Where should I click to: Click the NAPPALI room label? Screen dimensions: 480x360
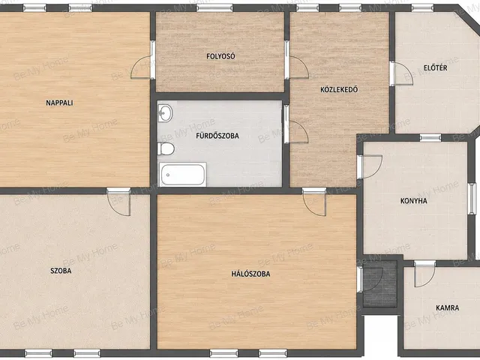coord(59,103)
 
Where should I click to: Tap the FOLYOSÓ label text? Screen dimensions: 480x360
coord(220,56)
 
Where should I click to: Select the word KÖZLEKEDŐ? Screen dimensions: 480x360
coord(339,89)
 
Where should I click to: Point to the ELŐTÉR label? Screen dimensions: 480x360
coord(435,67)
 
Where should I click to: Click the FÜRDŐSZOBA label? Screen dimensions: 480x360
coord(217,136)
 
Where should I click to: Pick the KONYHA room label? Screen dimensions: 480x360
coord(413,201)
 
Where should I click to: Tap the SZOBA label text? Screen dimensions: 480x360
coord(61,271)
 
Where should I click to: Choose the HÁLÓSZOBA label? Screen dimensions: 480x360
coord(250,274)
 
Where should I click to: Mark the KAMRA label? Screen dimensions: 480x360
coord(447,307)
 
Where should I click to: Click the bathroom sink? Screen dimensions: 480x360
coord(165,113)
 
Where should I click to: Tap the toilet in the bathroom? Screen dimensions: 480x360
coord(166,149)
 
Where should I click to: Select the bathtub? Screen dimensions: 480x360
coord(182,175)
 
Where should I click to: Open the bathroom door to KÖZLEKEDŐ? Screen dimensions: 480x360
coord(295,129)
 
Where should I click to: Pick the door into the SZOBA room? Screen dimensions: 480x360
coord(118,202)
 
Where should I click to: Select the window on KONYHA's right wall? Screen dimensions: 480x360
coord(473,198)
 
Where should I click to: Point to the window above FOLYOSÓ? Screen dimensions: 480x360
coord(214,7)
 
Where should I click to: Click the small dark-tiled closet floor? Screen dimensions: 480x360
coord(380,283)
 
